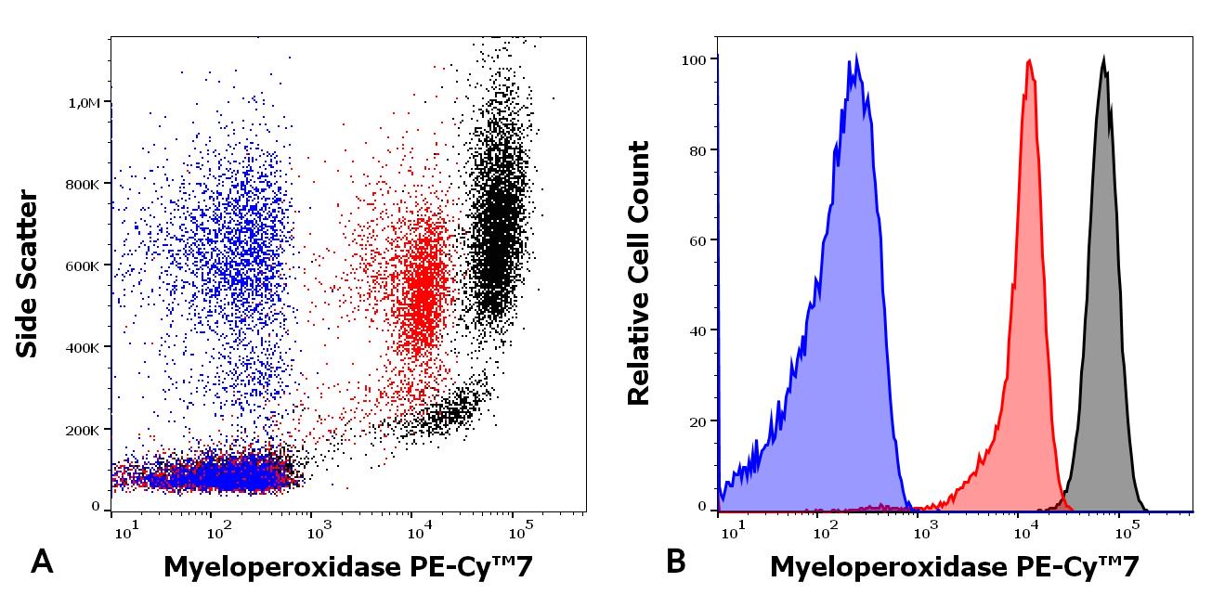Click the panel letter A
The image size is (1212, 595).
click(43, 562)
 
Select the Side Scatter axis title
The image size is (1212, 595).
click(28, 274)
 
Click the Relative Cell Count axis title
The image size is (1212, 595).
click(638, 274)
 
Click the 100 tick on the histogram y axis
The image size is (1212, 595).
click(697, 58)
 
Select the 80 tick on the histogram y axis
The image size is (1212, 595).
click(701, 149)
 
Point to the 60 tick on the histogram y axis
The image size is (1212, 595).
click(701, 239)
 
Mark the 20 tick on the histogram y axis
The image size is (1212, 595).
click(701, 420)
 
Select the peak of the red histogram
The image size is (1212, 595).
click(1029, 61)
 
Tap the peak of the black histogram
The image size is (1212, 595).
click(1103, 58)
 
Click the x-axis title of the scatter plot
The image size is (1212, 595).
click(348, 565)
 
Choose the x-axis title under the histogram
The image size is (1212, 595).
click(954, 565)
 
